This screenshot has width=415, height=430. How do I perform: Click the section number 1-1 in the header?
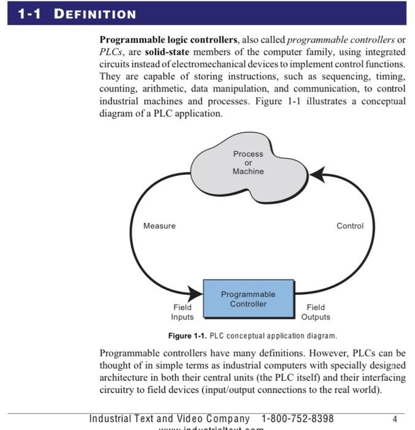(x=29, y=14)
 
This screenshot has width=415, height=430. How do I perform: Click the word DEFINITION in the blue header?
(x=95, y=14)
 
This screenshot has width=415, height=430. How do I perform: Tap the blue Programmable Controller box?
(x=248, y=299)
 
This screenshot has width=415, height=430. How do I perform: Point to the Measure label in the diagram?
(x=159, y=226)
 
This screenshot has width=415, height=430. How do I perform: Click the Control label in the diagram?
(x=350, y=226)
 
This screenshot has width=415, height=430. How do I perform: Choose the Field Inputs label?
(x=182, y=312)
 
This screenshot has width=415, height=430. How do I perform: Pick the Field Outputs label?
(x=316, y=312)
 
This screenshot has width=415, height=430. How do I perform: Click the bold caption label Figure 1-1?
(x=187, y=336)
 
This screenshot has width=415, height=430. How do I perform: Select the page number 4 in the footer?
(x=394, y=419)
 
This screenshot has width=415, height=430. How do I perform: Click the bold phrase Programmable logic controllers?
(x=168, y=39)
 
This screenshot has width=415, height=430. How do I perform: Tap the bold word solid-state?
(x=167, y=52)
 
